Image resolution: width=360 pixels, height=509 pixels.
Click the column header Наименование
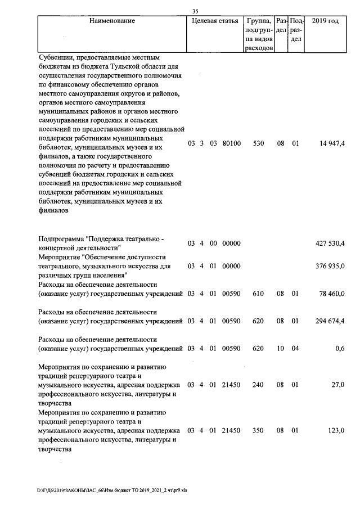pyautogui.click(x=112, y=21)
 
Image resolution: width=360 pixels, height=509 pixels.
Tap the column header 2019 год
pyautogui.click(x=325, y=21)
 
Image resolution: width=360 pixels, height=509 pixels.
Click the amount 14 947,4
pyautogui.click(x=331, y=144)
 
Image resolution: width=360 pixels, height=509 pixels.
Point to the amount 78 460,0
pyautogui.click(x=331, y=294)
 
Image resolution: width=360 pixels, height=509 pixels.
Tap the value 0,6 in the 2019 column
pyautogui.click(x=339, y=349)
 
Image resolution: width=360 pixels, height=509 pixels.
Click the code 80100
pyautogui.click(x=231, y=144)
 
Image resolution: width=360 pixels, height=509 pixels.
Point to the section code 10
pyautogui.click(x=280, y=349)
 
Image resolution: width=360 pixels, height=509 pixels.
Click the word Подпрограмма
pyautogui.click(x=60, y=239)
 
